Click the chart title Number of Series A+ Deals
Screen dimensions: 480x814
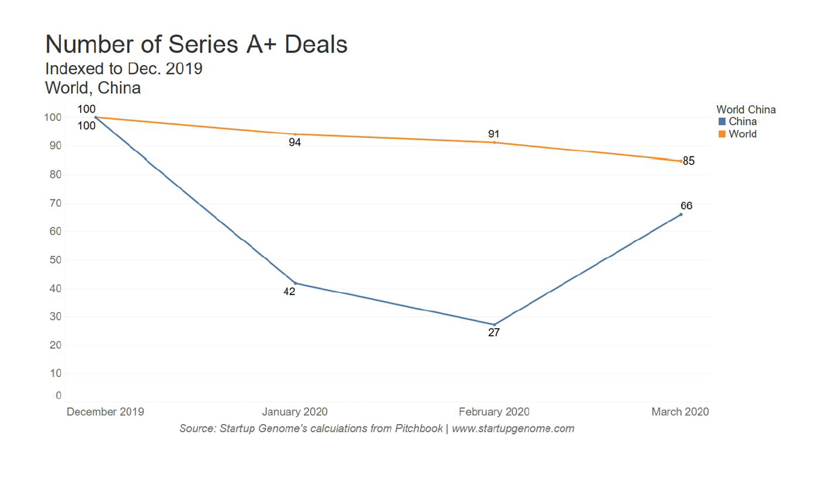[196, 45]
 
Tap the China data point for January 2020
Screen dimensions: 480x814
[295, 283]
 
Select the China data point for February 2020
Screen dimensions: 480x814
[494, 325]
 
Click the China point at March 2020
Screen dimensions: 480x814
[681, 214]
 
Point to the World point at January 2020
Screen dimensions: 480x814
[295, 134]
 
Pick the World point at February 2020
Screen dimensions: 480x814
[494, 142]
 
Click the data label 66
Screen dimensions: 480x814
[686, 205]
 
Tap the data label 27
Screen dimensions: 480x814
[494, 332]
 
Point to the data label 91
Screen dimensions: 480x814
[494, 134]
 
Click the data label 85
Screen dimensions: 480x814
[689, 161]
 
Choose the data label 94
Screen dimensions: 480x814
[294, 143]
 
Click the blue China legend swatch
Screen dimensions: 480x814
[722, 122]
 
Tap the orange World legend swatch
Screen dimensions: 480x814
[722, 134]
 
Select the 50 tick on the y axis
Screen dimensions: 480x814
[55, 260]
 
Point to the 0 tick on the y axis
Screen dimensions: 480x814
[58, 396]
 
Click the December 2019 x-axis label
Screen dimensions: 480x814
[105, 412]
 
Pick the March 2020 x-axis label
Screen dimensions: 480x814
[680, 412]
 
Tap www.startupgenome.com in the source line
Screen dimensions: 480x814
[513, 429]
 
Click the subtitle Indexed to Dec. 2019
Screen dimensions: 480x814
[123, 69]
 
